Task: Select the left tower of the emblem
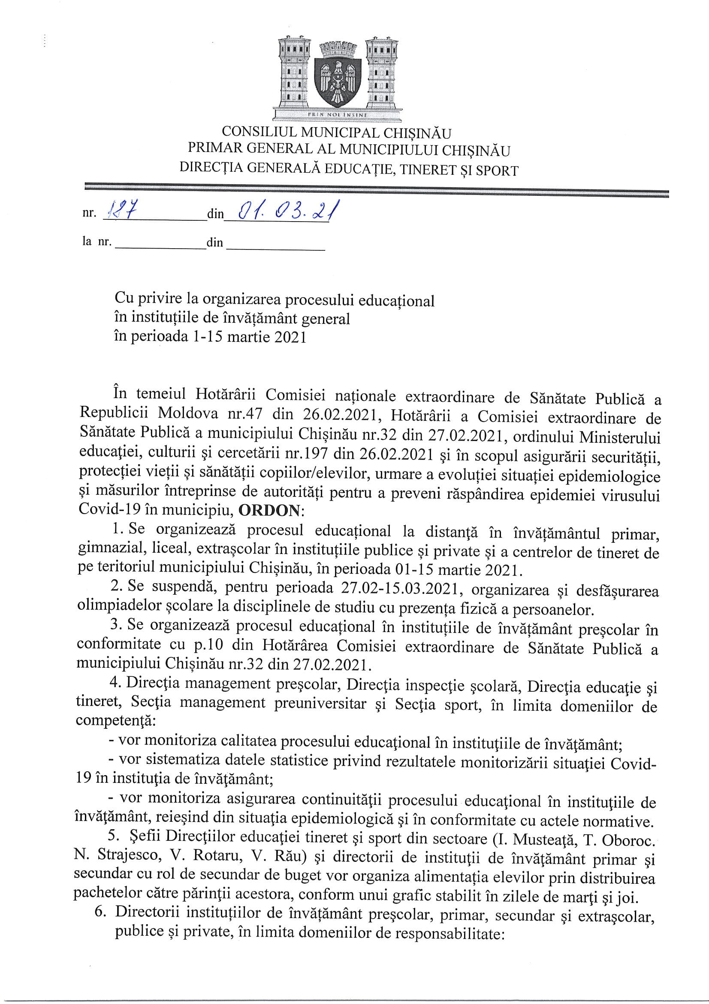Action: pos(294,72)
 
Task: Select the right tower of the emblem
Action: pos(382,72)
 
